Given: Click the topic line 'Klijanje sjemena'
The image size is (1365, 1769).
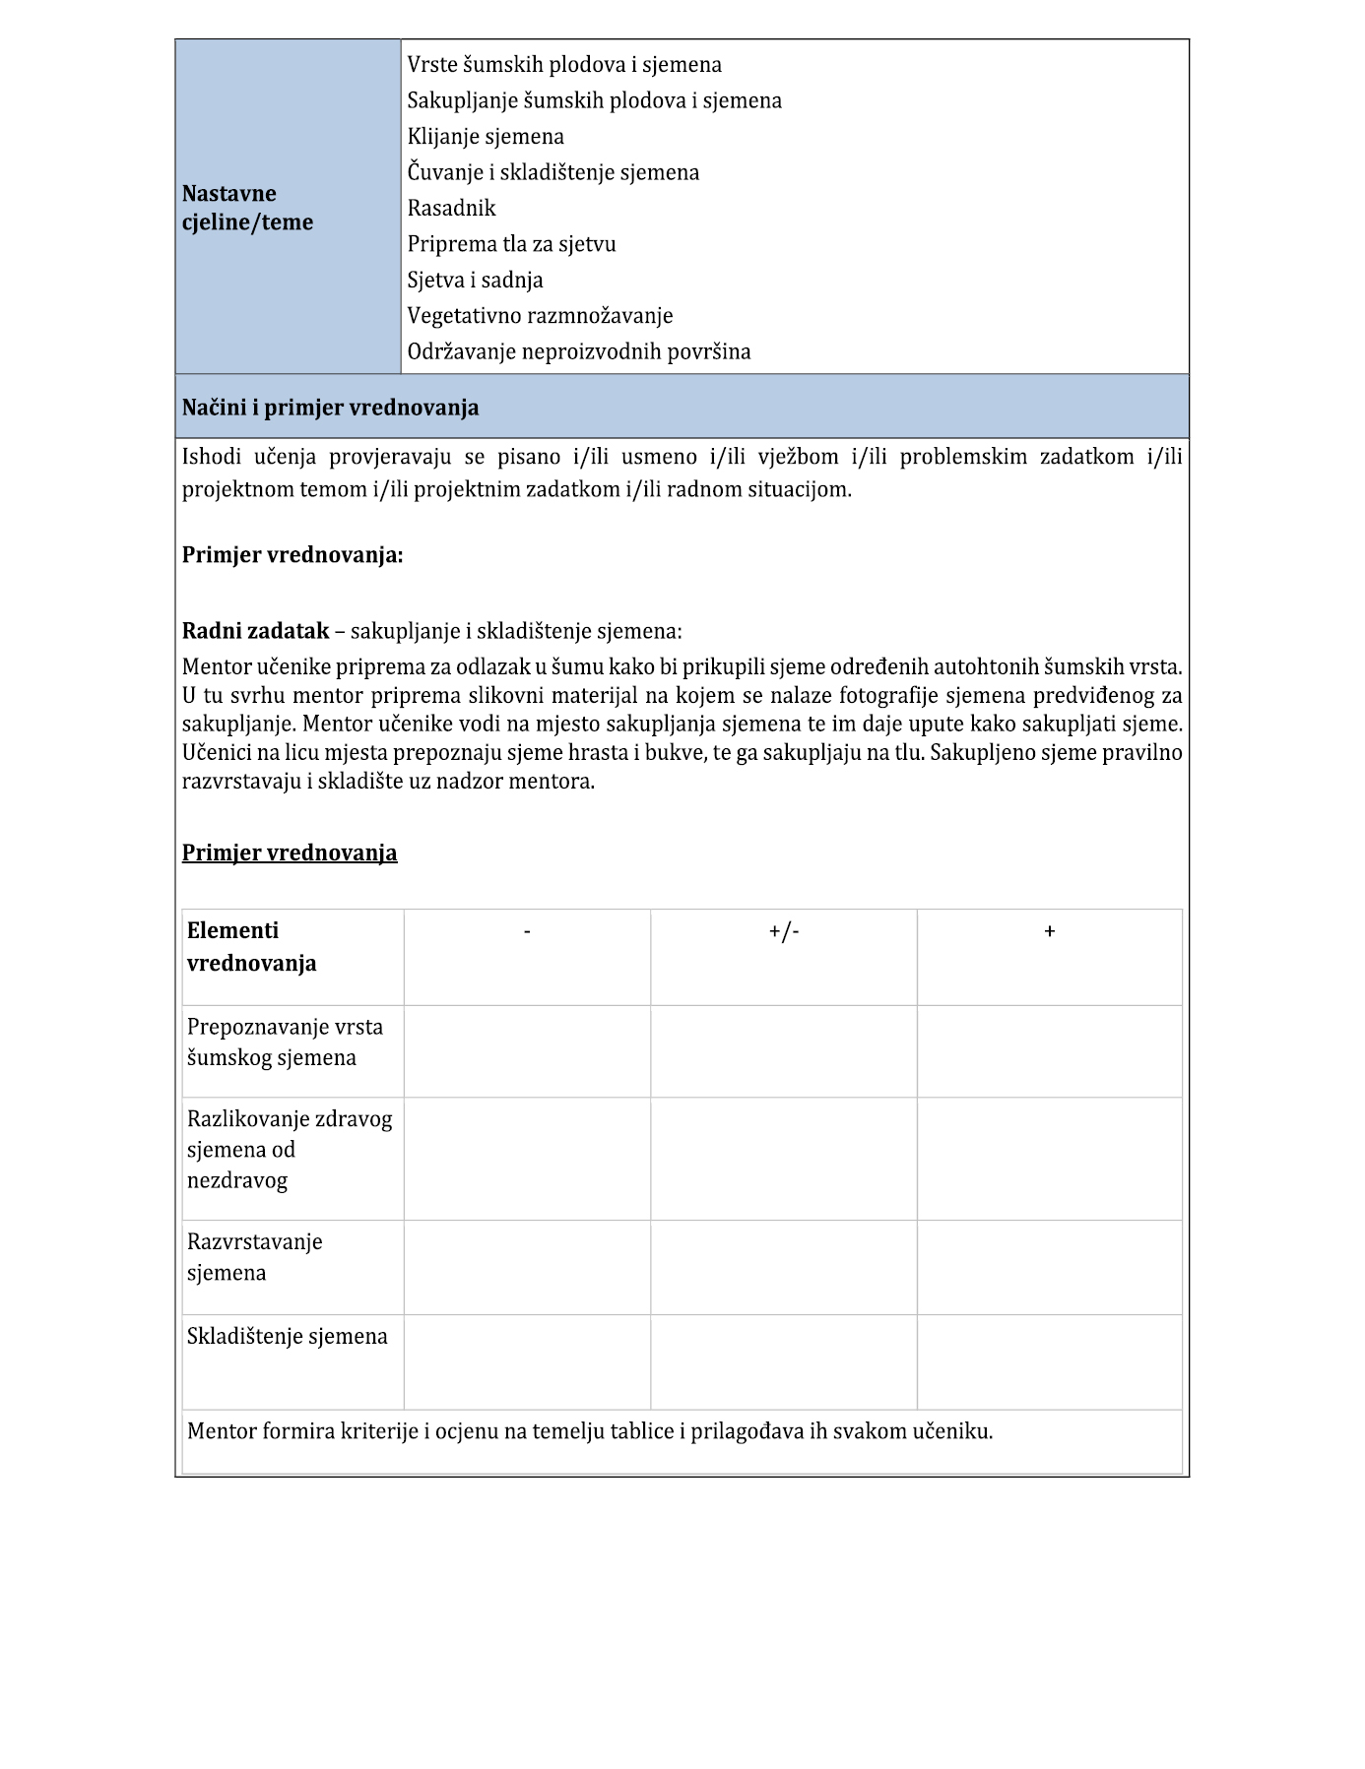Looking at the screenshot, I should coord(486,137).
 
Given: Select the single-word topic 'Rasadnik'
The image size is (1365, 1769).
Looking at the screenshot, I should coord(452,209).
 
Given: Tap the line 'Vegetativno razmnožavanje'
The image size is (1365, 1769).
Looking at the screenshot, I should coord(540,316).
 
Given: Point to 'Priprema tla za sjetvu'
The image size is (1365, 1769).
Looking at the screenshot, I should coord(511,244).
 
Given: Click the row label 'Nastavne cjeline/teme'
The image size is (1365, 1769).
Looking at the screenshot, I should coord(247,208).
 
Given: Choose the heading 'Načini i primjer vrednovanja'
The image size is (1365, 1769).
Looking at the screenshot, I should coord(331,408).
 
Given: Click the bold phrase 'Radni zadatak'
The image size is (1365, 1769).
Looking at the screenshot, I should coord(255,631).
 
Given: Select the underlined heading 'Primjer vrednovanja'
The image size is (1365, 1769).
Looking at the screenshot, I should coord(290,853).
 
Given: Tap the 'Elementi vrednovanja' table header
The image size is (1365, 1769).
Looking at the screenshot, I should coord(251,947).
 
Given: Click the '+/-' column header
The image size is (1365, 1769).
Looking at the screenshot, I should coord(784,931).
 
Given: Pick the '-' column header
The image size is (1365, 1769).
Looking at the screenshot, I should coord(528,931).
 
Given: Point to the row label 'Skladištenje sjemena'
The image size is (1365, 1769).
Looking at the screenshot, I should coord(288,1337).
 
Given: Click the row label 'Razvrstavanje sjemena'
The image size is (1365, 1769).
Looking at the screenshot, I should coord(255,1257).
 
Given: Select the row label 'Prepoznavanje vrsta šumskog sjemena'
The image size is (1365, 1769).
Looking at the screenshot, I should coord(285,1042).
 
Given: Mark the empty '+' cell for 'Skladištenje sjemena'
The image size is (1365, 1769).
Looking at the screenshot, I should coord(1049,1361).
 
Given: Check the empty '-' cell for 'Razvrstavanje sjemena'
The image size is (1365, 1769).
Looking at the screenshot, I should coord(528,1267).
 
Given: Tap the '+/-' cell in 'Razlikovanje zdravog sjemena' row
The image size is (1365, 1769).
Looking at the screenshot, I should coord(784,1159).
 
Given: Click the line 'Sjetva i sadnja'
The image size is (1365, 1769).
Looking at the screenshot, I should coord(475,281).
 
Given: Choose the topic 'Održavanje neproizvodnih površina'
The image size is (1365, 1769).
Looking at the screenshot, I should coord(579,352).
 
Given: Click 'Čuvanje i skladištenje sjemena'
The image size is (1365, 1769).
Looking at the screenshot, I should coord(553,173).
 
